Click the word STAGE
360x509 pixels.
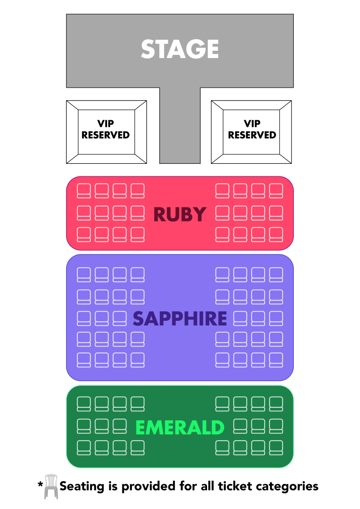pyautogui.click(x=180, y=49)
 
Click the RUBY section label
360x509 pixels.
pyautogui.click(x=180, y=215)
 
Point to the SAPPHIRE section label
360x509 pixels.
pyautogui.click(x=180, y=319)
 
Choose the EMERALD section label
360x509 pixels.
pyautogui.click(x=180, y=428)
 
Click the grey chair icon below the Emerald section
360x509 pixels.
pyautogui.click(x=51, y=486)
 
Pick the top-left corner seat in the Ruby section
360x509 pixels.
pyautogui.click(x=84, y=190)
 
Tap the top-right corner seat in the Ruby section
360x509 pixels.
pyautogui.click(x=276, y=190)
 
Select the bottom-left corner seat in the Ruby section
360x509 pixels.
pyautogui.click(x=84, y=234)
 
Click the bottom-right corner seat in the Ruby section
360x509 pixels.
pyautogui.click(x=276, y=234)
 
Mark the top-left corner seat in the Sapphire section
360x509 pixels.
pyautogui.click(x=84, y=275)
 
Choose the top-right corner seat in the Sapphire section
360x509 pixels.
pyautogui.click(x=276, y=275)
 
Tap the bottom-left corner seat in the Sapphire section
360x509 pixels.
pyautogui.click(x=84, y=360)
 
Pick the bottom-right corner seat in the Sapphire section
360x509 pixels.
pyautogui.click(x=276, y=360)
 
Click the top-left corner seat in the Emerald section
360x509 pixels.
pyautogui.click(x=84, y=404)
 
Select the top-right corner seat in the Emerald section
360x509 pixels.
pyautogui.click(x=276, y=404)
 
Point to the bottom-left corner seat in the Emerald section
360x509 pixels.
pyautogui.click(x=84, y=448)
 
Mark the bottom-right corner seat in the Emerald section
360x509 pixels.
pyautogui.click(x=276, y=448)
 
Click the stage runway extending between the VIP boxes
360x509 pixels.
pyautogui.click(x=180, y=131)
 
